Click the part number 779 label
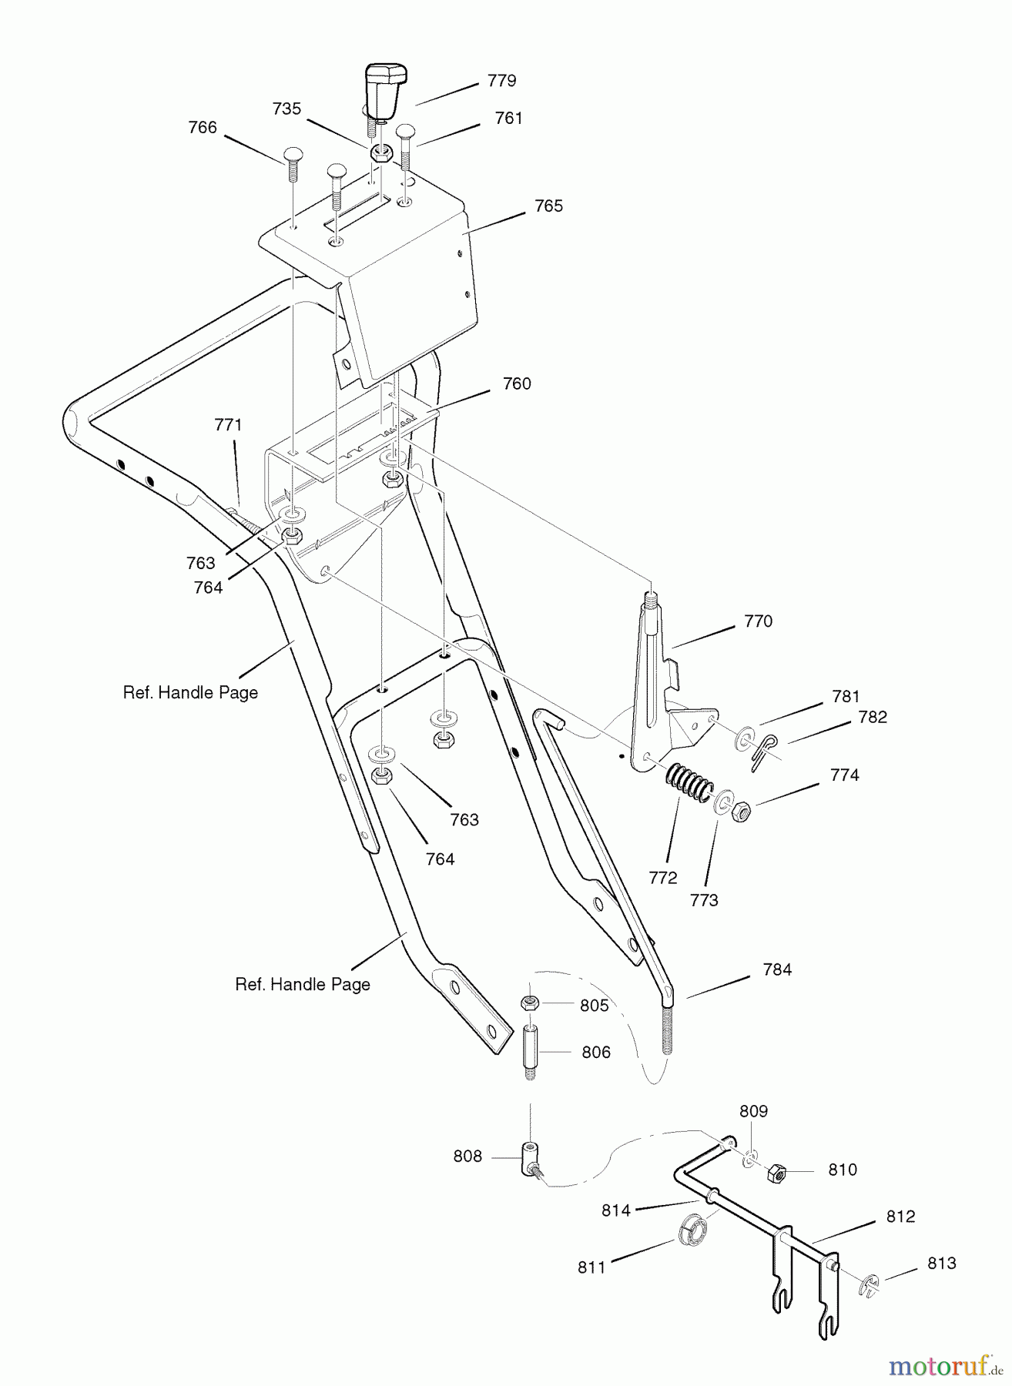coord(501,81)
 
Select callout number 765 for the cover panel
coord(548,206)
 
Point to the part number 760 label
coord(517,383)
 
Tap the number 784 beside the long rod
coord(776,970)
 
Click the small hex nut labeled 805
coord(529,1003)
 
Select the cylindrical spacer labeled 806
coord(530,1051)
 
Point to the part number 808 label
coord(467,1157)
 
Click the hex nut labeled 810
coord(776,1173)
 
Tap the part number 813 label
coord(941,1264)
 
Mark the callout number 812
coord(900,1217)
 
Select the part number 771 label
coord(228,425)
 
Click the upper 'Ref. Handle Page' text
coord(190,693)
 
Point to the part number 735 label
coord(287,109)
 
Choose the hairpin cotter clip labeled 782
coord(761,751)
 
